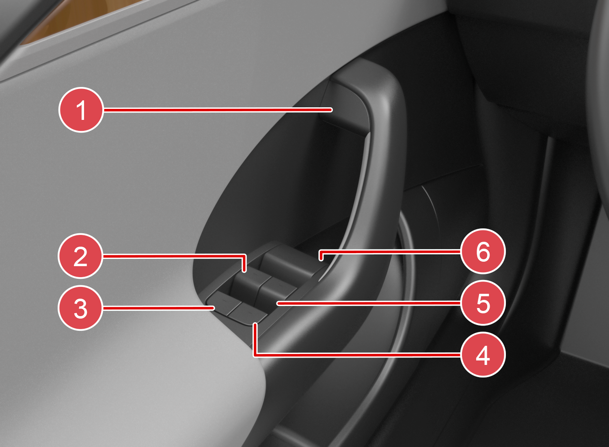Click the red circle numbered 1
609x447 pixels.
point(81,110)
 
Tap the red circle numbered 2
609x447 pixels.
point(80,256)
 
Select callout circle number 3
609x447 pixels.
point(80,308)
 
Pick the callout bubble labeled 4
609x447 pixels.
point(483,354)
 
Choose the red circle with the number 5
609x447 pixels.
point(483,303)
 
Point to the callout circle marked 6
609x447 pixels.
point(483,252)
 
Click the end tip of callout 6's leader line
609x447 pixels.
point(321,259)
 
